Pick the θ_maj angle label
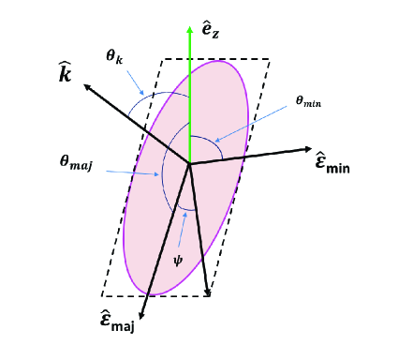point(76,164)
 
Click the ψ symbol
point(177,258)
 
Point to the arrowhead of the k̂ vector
point(87,86)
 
